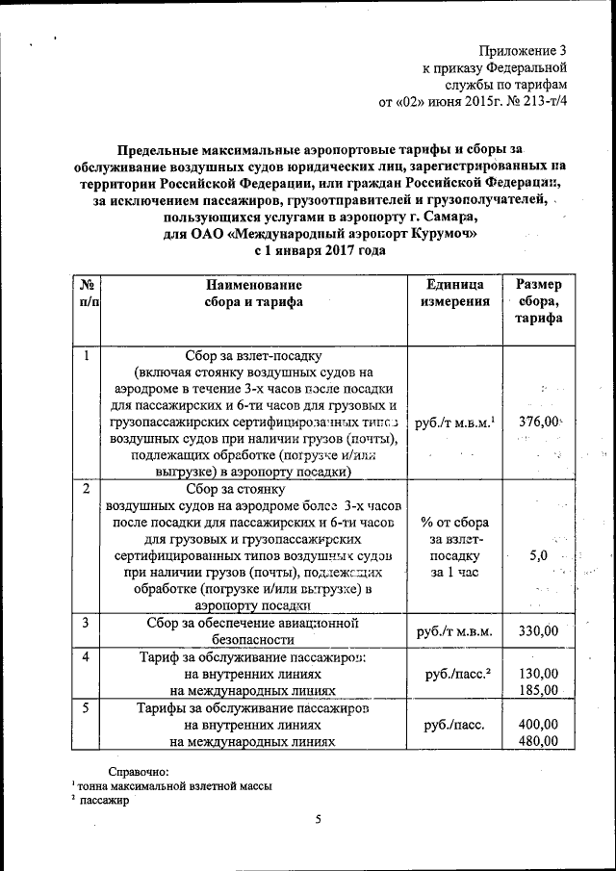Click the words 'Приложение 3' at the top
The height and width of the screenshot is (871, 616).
click(x=525, y=49)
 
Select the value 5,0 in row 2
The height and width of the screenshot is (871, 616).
click(x=539, y=555)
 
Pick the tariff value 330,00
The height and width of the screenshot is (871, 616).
click(x=538, y=631)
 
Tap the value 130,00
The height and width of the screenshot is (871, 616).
click(x=538, y=673)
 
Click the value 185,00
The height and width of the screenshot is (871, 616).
click(x=538, y=690)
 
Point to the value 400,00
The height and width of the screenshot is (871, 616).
click(x=538, y=724)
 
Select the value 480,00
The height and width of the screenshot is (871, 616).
click(x=538, y=741)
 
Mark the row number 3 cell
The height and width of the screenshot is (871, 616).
click(x=86, y=623)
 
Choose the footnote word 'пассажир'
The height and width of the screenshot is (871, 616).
click(x=105, y=801)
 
